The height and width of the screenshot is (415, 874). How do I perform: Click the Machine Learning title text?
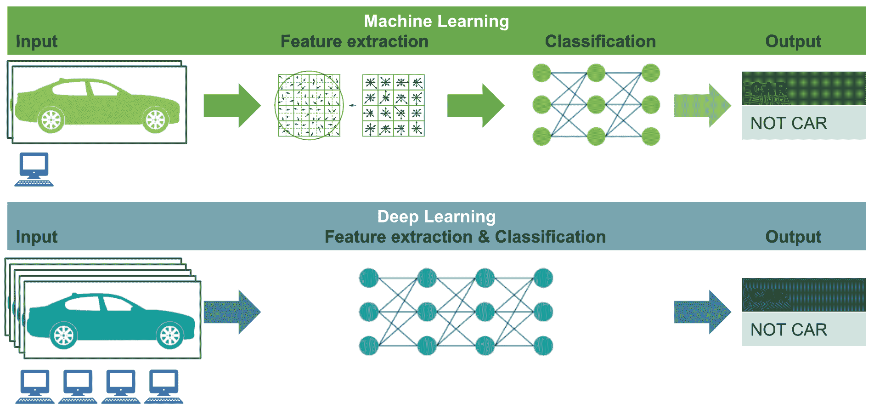436,21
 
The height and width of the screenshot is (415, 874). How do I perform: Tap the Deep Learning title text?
436,216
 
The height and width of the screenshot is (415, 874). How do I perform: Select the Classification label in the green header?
600,41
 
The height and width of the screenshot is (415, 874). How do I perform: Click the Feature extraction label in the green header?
354,41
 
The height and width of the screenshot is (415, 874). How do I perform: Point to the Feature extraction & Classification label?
465,237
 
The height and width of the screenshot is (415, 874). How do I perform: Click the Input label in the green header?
37,41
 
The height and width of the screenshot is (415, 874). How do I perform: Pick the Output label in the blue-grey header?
793,237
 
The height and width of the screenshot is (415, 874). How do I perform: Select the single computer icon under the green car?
34,169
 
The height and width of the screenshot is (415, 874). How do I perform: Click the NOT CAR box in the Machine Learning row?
803,123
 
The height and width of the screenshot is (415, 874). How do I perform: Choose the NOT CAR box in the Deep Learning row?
803,329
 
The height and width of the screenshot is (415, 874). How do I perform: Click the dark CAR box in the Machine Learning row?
803,88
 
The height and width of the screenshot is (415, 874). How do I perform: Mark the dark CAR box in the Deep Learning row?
803,295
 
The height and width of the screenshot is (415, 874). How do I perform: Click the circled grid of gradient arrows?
309,105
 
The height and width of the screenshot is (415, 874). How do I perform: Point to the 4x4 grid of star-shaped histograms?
394,105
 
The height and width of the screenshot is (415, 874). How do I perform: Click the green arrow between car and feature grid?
232,105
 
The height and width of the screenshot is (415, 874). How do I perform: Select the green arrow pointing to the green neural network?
475,105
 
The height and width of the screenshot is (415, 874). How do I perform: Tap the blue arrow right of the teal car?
232,312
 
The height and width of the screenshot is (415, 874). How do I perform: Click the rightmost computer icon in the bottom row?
164,387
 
